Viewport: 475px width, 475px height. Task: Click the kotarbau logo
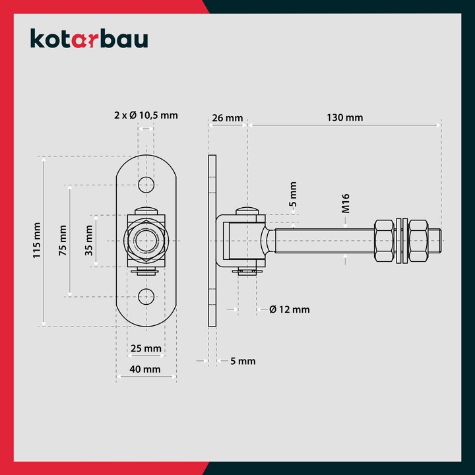[89, 38]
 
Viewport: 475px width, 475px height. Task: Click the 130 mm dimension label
[345, 118]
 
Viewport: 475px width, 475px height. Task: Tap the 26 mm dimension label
[226, 118]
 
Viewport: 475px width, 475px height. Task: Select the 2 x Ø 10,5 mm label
[145, 115]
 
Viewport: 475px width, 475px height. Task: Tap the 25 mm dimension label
[146, 348]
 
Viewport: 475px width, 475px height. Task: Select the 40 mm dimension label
[146, 369]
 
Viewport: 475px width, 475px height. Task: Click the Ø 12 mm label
[290, 309]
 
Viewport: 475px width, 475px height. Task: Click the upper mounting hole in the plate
[146, 183]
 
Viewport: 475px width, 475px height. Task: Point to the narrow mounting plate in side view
[212, 241]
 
